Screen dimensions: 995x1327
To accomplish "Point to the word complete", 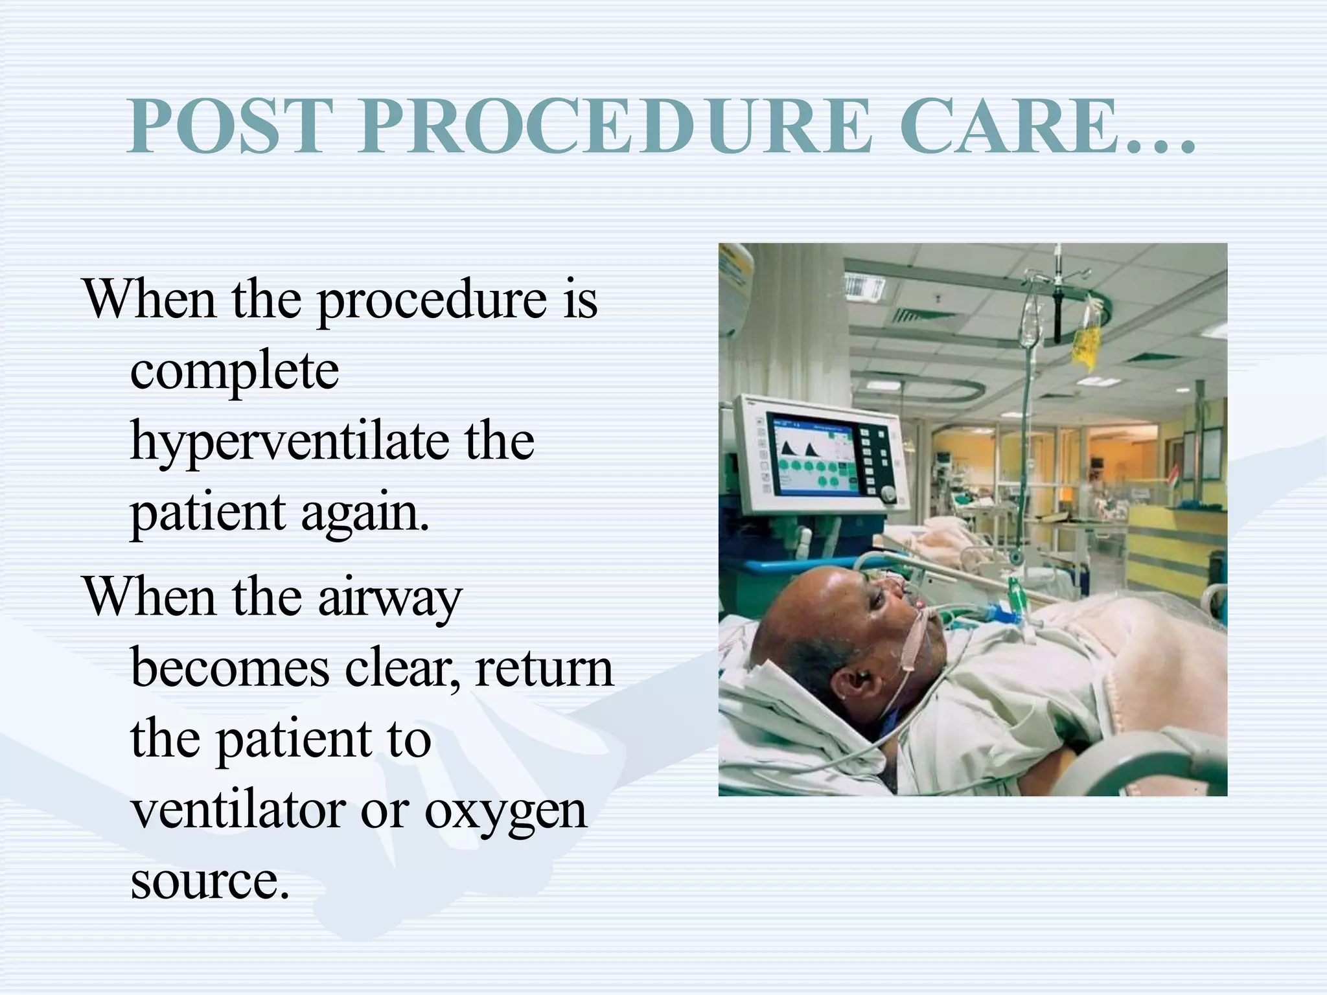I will (x=235, y=371).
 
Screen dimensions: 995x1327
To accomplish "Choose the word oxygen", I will (x=505, y=812).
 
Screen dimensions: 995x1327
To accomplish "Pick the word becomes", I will (x=230, y=668).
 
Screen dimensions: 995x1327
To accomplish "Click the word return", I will (x=544, y=669).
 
